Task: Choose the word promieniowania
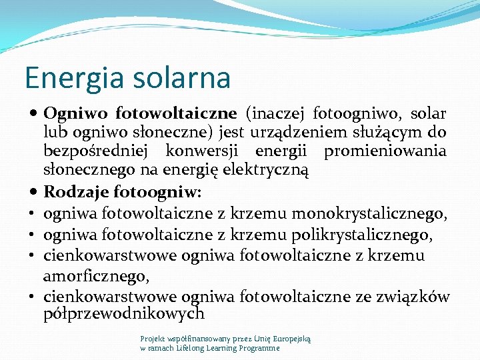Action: [385, 151]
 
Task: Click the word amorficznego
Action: [95, 275]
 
